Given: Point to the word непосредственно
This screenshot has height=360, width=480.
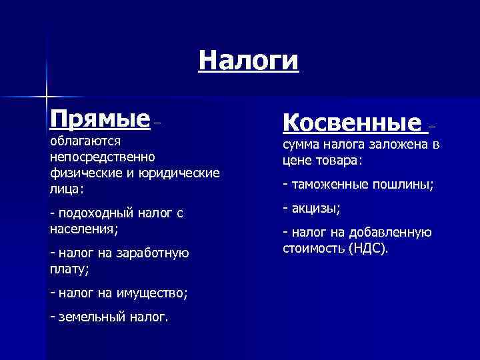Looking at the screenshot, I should click(x=102, y=157).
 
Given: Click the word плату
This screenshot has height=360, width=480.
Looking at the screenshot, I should click(x=68, y=269).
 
